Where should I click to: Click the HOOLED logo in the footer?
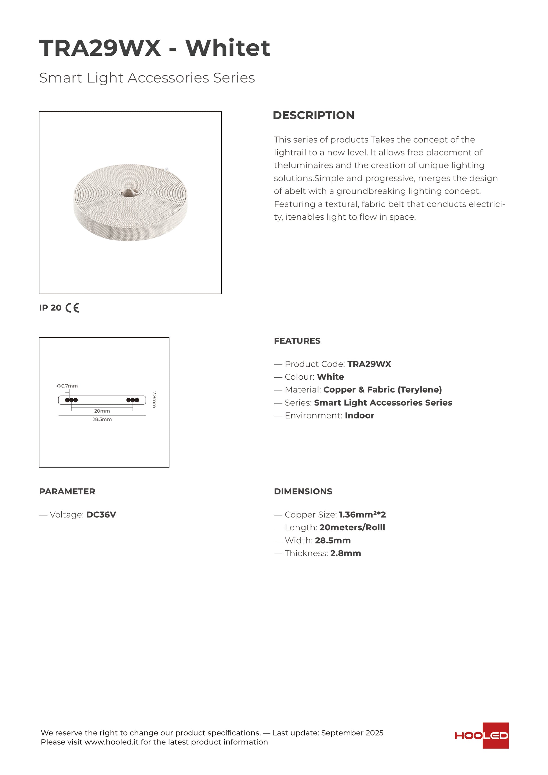(482, 736)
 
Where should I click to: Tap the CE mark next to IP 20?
(72, 308)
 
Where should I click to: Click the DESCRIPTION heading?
(313, 115)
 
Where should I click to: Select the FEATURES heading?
(297, 341)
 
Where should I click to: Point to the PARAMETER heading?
(67, 491)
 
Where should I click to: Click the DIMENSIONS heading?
(303, 491)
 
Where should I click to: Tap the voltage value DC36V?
(101, 515)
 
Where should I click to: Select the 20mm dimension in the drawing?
(102, 411)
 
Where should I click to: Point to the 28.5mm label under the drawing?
(102, 419)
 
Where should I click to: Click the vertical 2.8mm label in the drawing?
(154, 400)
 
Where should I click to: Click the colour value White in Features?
(330, 377)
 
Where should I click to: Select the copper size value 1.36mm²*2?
(362, 515)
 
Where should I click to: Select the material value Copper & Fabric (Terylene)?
(382, 390)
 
